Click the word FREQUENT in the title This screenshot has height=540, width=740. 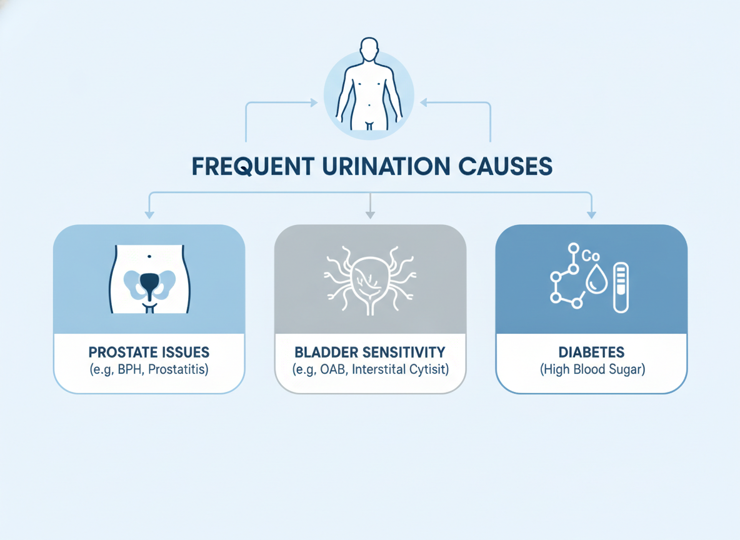click(253, 167)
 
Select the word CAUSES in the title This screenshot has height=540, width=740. click(505, 167)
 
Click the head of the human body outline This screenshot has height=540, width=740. click(369, 49)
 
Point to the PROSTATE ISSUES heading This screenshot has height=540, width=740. click(149, 352)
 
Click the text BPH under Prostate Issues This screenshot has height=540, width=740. click(130, 369)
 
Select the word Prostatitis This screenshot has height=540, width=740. click(176, 369)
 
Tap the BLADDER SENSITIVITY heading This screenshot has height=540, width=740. click(370, 352)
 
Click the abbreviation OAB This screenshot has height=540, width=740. click(332, 369)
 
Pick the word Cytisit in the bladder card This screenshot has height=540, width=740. click(426, 369)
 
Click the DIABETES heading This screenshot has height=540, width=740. click(591, 352)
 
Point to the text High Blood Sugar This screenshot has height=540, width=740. click(592, 369)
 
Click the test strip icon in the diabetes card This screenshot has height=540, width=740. click(621, 287)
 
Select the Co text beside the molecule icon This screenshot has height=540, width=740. click(591, 256)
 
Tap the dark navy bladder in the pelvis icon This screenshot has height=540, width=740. click(149, 285)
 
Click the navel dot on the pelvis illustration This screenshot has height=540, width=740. click(149, 256)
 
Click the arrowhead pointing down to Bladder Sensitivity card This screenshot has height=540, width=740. click(370, 215)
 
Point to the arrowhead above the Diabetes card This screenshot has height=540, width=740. click(591, 215)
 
